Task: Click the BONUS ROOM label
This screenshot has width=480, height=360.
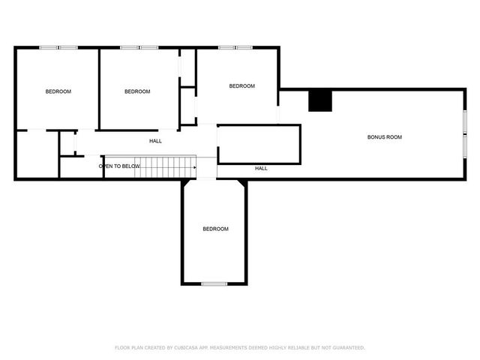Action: pos(384,137)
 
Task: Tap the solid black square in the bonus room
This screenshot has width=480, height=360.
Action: pos(320,100)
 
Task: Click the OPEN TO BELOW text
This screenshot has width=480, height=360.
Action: pos(119,166)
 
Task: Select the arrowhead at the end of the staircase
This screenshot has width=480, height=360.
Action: pos(194,157)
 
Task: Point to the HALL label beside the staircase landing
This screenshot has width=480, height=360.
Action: pos(155,141)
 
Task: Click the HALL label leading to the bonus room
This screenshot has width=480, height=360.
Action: pos(261,168)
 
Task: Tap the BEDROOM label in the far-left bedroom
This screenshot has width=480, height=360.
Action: pos(58,91)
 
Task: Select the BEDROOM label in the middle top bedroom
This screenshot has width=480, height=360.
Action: pos(137,91)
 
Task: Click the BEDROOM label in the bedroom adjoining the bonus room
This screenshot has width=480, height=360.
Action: pos(241,86)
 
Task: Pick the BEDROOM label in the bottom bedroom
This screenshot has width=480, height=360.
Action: pos(215,229)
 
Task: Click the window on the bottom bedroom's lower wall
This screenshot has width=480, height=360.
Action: pos(214,283)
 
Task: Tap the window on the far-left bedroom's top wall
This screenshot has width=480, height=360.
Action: pos(58,48)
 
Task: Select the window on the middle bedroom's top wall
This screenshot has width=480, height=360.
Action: pos(139,48)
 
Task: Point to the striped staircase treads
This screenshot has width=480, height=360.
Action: pos(165,167)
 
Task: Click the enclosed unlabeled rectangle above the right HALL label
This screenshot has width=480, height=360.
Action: pos(259,144)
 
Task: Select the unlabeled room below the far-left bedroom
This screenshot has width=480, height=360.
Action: pos(37,154)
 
